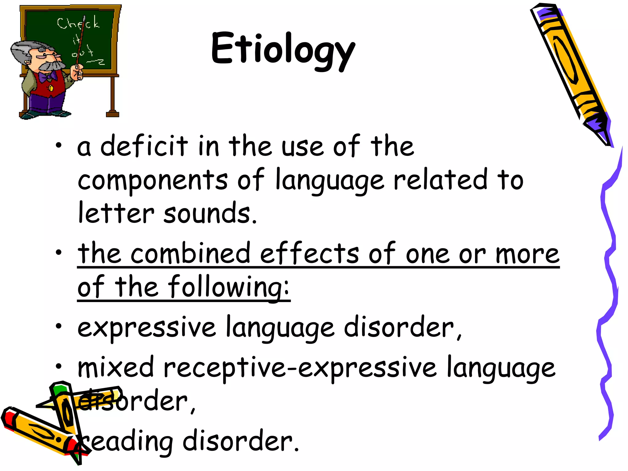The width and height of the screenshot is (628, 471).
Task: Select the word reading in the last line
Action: coord(127,442)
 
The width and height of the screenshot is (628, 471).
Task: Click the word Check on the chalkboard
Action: coord(78,23)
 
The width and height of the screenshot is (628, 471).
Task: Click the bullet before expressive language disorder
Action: coord(59,327)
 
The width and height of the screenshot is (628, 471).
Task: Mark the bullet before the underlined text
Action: coord(59,253)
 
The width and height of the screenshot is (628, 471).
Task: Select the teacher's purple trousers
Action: coord(46,103)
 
